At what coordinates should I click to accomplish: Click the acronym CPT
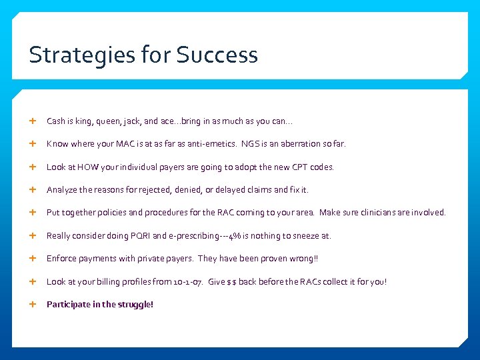(300, 167)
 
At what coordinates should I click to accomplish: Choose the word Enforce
(61, 259)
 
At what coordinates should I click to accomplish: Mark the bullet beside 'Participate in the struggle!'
(33, 304)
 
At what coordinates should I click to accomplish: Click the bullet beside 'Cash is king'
(33, 121)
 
